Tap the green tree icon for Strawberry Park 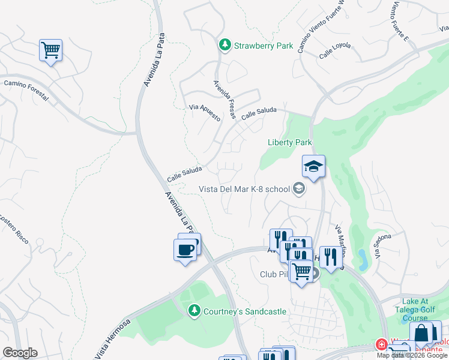[x=225, y=45]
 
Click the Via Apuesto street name [x=205, y=112]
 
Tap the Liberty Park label [x=289, y=142]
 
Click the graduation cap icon [x=313, y=166]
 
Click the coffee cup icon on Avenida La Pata [x=185, y=249]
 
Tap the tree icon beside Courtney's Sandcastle [x=194, y=311]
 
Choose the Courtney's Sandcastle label [x=244, y=311]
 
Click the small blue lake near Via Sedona [x=363, y=260]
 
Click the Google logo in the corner [x=20, y=353]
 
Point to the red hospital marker [x=381, y=344]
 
